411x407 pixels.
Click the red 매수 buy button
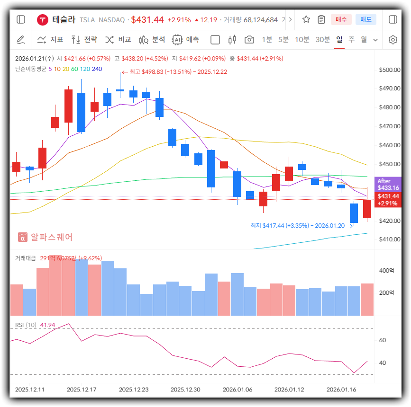coord(341,19)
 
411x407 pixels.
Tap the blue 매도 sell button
coord(365,19)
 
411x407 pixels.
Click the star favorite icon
coord(306,19)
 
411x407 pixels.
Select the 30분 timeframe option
coord(322,40)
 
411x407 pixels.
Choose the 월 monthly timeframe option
coord(364,40)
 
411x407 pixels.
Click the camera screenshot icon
coord(249,40)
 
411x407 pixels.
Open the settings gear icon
coord(393,40)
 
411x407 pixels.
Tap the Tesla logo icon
coord(43,19)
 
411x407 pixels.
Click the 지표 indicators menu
coord(50,40)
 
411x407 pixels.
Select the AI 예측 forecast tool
coord(185,40)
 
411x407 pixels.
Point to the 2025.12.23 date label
coord(134,389)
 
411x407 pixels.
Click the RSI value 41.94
coord(48,325)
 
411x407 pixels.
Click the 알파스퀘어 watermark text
coord(52,237)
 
